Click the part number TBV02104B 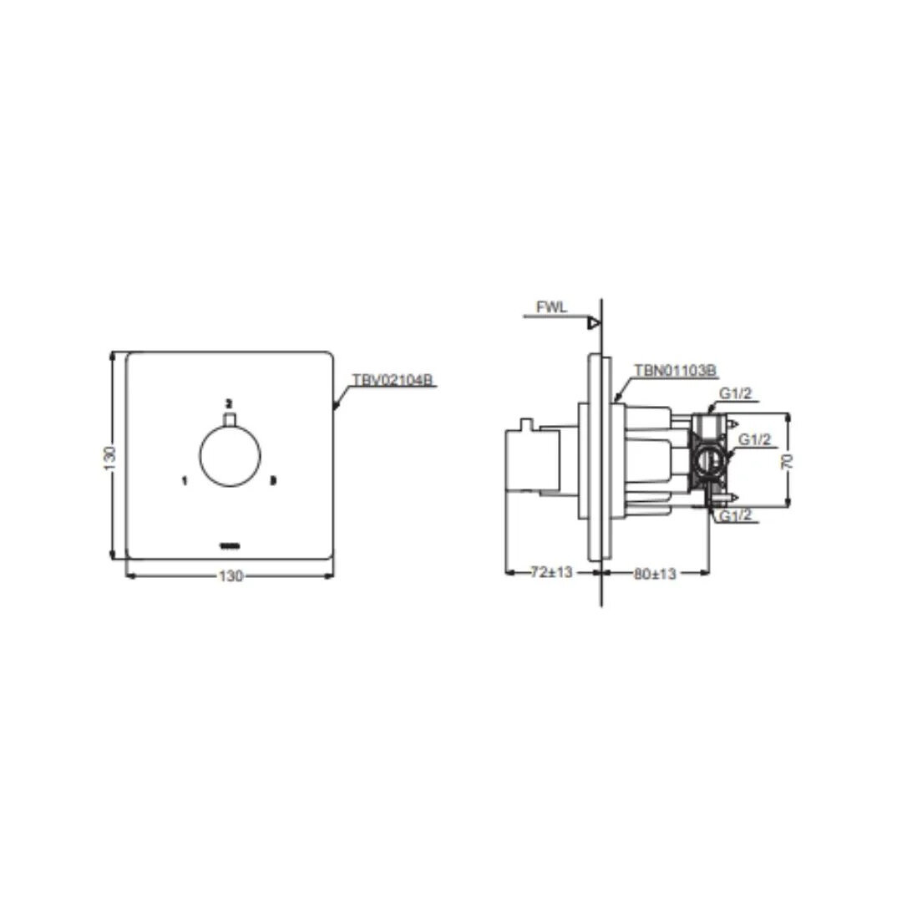(393, 379)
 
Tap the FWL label (551, 307)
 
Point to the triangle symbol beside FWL (594, 322)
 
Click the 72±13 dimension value (552, 573)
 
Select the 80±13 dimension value (654, 573)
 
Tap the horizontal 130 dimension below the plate (230, 575)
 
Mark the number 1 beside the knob (184, 480)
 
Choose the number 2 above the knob (229, 402)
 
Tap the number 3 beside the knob (272, 480)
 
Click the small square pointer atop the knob (230, 418)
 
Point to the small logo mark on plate (230, 547)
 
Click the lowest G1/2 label (736, 516)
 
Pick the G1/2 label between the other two (753, 439)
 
